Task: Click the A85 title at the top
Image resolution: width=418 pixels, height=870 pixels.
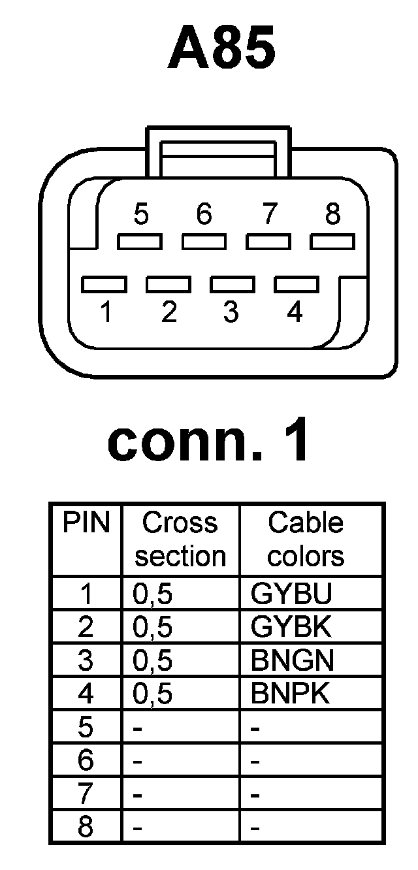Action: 221,49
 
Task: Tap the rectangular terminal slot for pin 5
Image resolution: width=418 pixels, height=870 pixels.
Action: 140,242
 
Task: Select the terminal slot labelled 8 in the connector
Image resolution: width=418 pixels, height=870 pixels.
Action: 332,242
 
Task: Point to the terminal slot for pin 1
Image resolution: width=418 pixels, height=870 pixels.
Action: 104,285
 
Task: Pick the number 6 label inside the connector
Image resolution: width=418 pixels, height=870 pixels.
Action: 204,214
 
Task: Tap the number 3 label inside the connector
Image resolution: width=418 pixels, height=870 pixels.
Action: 231,313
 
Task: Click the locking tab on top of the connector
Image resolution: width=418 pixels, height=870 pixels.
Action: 217,152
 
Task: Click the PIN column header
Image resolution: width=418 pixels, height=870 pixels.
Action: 86,523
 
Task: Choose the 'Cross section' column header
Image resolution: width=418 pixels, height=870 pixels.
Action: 180,540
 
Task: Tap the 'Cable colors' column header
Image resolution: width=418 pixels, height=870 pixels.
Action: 306,540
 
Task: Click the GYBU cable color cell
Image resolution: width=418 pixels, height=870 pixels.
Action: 292,594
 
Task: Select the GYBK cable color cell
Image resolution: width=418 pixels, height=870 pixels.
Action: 292,628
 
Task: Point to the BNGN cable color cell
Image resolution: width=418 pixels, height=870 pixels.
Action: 292,661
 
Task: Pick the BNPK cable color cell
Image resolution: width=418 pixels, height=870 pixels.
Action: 292,694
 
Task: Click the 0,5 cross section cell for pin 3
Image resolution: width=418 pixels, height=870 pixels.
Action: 152,661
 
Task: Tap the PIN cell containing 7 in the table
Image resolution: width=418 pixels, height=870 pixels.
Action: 86,795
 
